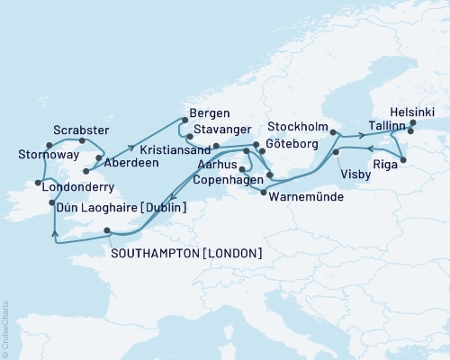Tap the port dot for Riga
pos(402,160)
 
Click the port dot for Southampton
pos(107,230)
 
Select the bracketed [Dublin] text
pos(163,208)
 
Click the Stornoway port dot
pos(37,143)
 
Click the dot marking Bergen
pos(184,120)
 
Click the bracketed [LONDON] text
pos(229,254)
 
